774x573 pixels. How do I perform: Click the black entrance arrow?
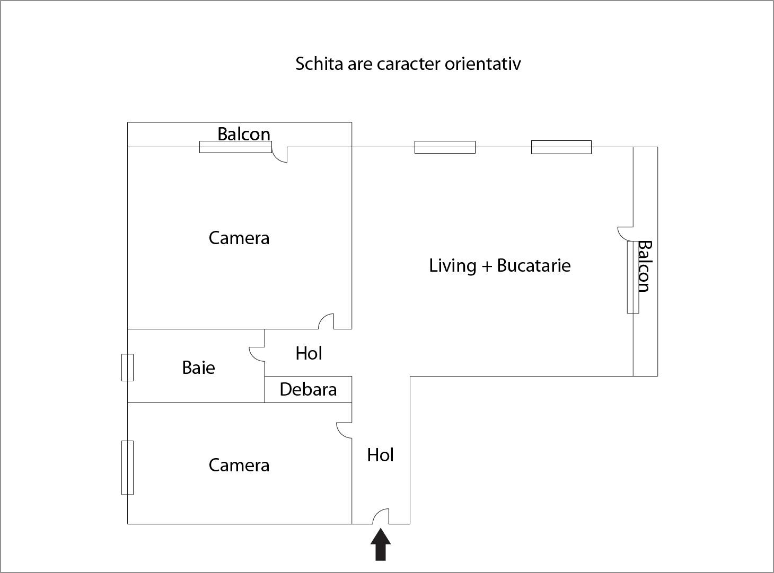tap(380, 545)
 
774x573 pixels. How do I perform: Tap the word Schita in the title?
tap(319, 64)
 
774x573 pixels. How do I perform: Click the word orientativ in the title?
tap(482, 64)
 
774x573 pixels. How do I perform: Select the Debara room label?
tap(308, 389)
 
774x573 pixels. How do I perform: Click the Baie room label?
tap(199, 368)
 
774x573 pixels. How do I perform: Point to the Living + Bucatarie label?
tap(500, 265)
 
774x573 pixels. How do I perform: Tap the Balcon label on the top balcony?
tap(244, 134)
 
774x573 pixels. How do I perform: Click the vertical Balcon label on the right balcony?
tap(644, 266)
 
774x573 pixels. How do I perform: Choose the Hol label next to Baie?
tap(309, 353)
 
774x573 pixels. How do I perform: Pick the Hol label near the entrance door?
tap(380, 455)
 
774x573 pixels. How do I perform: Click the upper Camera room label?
tap(239, 238)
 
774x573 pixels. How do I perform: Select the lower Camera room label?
tap(239, 465)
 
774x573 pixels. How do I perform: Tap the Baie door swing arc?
tap(253, 357)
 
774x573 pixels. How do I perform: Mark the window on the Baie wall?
tap(127, 368)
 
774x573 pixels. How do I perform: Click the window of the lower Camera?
tap(127, 468)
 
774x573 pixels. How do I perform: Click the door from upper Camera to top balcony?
tap(276, 158)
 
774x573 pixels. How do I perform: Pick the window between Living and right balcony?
tap(633, 277)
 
